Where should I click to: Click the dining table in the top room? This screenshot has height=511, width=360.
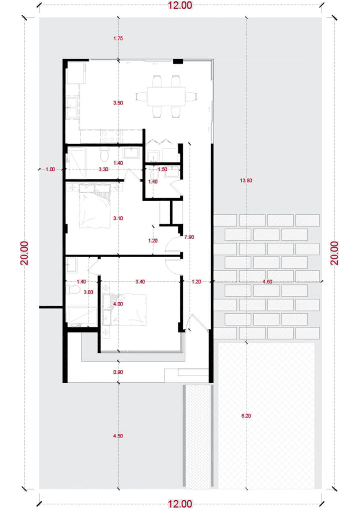(166, 96)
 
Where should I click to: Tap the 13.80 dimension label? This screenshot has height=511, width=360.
(246, 180)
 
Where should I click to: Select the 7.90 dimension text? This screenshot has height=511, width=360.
(189, 237)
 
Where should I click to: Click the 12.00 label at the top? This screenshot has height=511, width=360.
(180, 5)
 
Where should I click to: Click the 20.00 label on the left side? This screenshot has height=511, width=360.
(25, 253)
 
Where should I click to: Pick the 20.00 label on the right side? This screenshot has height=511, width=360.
(335, 253)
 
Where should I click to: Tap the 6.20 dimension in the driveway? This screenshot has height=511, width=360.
(246, 416)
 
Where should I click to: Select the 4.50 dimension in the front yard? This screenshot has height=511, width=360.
(118, 436)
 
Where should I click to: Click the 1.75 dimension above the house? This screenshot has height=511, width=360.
(118, 38)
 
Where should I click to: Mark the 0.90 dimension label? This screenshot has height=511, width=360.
(118, 372)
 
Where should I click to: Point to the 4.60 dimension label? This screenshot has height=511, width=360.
(267, 282)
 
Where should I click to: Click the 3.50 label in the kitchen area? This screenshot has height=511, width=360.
(118, 103)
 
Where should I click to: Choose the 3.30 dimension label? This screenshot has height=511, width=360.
(103, 170)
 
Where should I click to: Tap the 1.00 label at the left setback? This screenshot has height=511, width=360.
(50, 170)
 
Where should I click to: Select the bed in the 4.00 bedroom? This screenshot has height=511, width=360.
(124, 309)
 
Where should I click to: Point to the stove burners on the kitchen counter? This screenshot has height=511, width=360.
(111, 136)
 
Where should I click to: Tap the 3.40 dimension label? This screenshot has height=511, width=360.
(140, 282)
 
